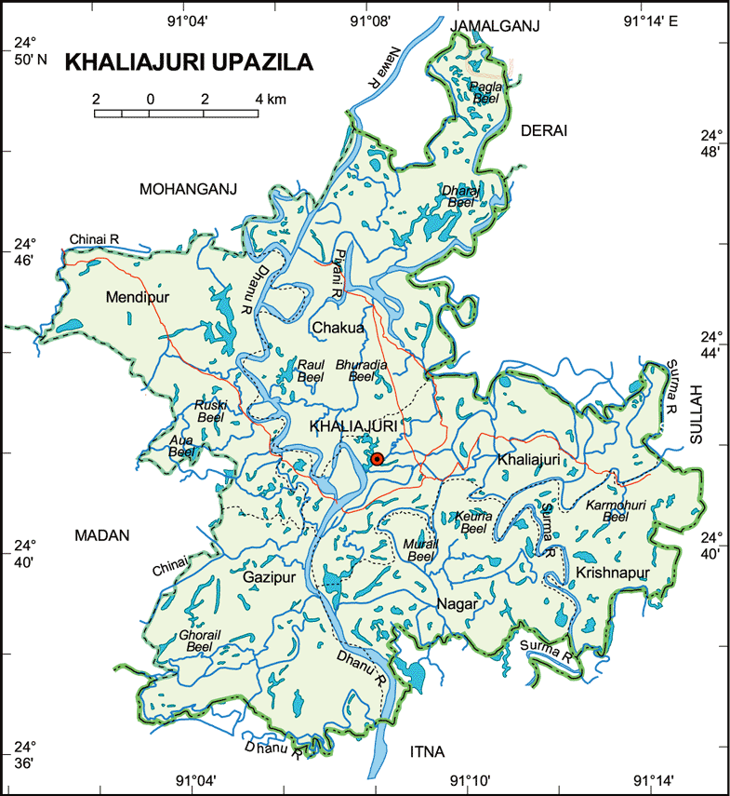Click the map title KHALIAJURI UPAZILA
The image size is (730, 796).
[x=189, y=63]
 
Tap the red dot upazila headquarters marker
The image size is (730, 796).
[x=377, y=459]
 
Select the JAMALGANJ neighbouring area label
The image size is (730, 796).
[x=494, y=27]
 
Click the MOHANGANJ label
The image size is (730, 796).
[x=188, y=189]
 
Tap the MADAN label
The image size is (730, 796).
[x=101, y=534]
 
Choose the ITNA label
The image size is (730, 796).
[x=428, y=751]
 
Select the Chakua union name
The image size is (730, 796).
[x=339, y=328]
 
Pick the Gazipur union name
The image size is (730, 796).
[x=269, y=578]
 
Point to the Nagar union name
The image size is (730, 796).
[x=457, y=603]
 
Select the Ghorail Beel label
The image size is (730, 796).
[x=200, y=641]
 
